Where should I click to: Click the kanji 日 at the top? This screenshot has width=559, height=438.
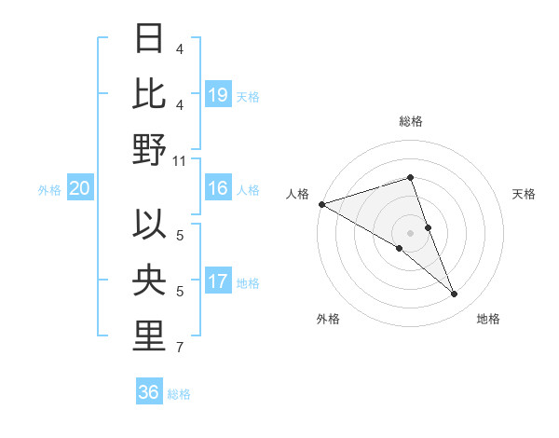(149, 38)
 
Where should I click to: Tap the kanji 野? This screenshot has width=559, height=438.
(149, 148)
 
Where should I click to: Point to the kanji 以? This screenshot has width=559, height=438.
(149, 226)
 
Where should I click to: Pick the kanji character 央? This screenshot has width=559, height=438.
(149, 281)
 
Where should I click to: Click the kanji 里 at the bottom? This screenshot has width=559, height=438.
(149, 336)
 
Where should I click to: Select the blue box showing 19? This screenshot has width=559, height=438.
(218, 94)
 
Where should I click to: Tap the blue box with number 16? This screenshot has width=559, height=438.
(218, 188)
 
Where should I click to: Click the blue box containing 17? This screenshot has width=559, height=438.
(218, 281)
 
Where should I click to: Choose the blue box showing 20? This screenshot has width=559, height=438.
(79, 189)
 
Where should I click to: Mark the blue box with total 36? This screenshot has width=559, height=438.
(149, 392)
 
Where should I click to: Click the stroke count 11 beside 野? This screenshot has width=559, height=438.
(180, 159)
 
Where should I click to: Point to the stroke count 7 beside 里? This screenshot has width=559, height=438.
(180, 348)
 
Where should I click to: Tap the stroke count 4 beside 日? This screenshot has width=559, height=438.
(180, 48)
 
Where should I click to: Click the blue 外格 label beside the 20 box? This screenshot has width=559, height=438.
(49, 190)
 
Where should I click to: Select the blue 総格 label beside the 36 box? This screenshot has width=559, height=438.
(179, 394)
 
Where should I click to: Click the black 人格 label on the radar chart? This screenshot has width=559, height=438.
(298, 194)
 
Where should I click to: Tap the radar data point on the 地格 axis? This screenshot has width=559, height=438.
(455, 294)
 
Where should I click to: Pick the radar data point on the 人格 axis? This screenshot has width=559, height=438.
(321, 203)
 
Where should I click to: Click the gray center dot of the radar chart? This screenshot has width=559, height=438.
(410, 232)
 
